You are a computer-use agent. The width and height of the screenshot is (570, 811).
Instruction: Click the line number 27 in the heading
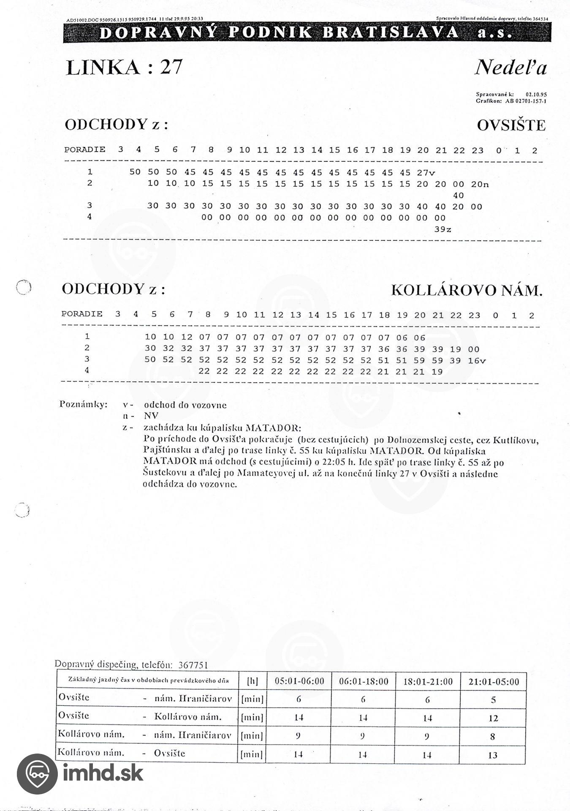[171, 67]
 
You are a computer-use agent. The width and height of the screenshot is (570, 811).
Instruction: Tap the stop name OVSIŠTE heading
[511, 125]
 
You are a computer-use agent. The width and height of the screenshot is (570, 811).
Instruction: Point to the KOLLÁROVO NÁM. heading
[467, 291]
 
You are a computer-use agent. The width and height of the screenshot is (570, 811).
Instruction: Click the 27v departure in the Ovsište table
[426, 172]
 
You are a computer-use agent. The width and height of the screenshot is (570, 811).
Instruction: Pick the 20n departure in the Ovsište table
[480, 184]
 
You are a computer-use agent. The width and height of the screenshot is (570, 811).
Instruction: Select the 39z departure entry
[443, 229]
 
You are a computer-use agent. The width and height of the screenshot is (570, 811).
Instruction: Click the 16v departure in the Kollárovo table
[477, 361]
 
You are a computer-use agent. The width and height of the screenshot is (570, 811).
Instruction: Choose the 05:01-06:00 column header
[299, 681]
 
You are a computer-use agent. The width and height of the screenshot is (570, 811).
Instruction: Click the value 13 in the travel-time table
[493, 755]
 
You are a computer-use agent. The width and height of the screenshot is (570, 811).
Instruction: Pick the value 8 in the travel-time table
[493, 737]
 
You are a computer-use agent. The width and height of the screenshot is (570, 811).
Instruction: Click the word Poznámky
[83, 404]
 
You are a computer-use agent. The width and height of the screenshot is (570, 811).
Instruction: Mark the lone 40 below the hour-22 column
[458, 196]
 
